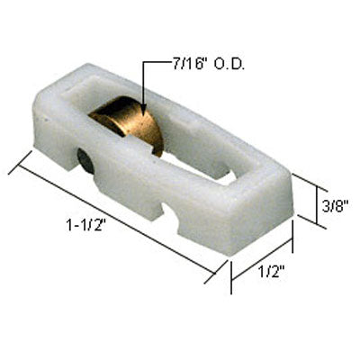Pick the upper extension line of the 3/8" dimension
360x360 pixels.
[x=306, y=179]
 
